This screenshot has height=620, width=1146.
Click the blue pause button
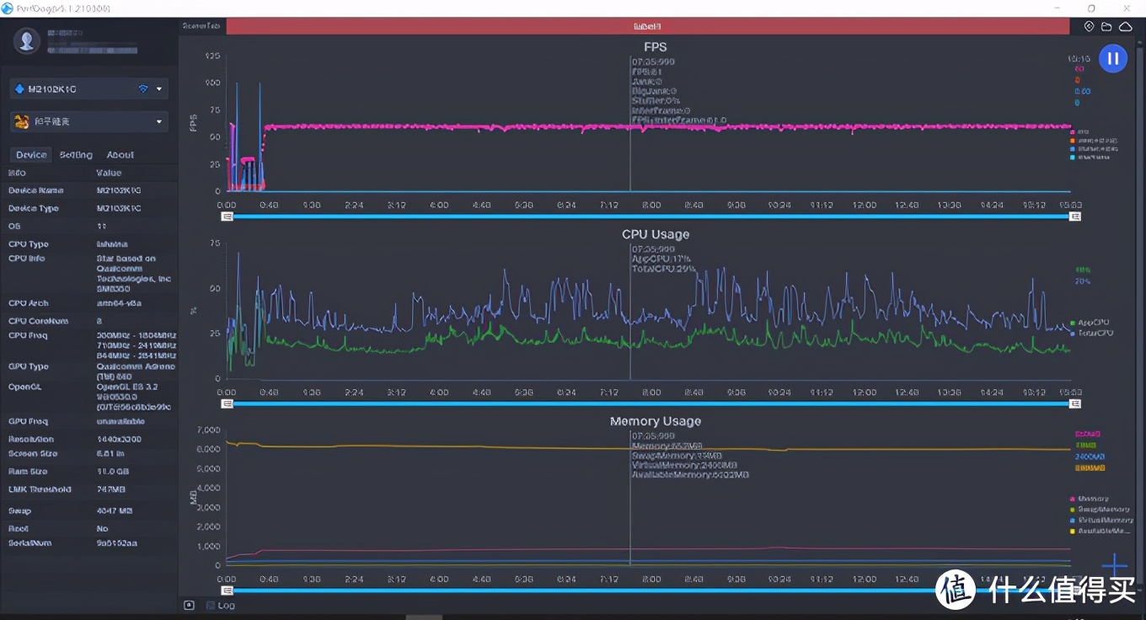click(x=1112, y=58)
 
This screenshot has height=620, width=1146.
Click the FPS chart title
click(x=655, y=47)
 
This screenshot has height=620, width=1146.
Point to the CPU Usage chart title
click(x=655, y=234)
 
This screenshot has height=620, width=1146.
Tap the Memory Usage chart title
click(x=655, y=421)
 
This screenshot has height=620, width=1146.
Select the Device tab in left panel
click(x=31, y=155)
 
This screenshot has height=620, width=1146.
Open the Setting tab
click(x=76, y=155)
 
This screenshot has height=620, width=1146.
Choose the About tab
click(x=120, y=155)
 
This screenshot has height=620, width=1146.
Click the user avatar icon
click(x=27, y=40)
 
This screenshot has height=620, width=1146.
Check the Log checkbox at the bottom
click(x=211, y=605)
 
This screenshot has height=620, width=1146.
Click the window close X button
click(x=1126, y=8)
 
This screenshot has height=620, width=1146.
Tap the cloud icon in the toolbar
click(x=1125, y=27)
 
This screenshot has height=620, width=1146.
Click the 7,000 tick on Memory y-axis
click(x=207, y=430)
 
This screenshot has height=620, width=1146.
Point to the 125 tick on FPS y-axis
click(x=212, y=56)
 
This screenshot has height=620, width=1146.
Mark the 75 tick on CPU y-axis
click(x=215, y=243)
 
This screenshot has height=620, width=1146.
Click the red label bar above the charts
click(x=646, y=27)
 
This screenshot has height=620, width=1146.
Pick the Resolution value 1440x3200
click(x=120, y=440)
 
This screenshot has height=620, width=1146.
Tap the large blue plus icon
click(x=1114, y=565)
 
